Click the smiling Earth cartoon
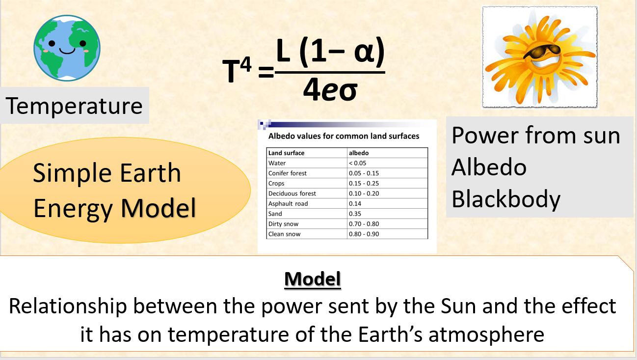[x=67, y=47]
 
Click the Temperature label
[x=75, y=106]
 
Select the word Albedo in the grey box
[x=489, y=167]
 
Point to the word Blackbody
[x=505, y=199]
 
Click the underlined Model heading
[x=313, y=279]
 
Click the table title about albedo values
[x=344, y=136]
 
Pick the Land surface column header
[x=287, y=153]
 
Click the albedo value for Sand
[x=355, y=214]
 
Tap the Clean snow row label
[x=285, y=234]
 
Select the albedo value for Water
[x=357, y=163]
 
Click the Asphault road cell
[x=288, y=203]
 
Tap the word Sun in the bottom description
[x=462, y=306]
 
